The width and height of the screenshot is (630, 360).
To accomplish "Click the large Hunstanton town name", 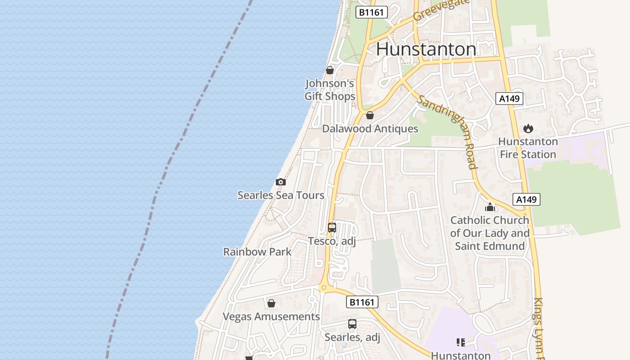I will pyautogui.click(x=426, y=49).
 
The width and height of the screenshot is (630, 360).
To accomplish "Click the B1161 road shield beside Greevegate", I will pyautogui.click(x=372, y=12).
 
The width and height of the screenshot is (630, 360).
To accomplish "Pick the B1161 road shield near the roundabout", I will pyautogui.click(x=362, y=302).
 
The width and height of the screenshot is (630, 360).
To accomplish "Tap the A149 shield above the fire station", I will pyautogui.click(x=509, y=99).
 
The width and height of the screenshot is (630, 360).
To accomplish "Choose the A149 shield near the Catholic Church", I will pyautogui.click(x=526, y=199).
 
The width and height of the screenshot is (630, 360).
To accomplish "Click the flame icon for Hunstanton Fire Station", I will pyautogui.click(x=528, y=129).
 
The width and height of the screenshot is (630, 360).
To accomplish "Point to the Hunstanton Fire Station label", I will pyautogui.click(x=528, y=148).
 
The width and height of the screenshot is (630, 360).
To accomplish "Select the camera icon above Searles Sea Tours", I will pyautogui.click(x=281, y=182).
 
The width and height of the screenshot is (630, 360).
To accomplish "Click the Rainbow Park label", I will pyautogui.click(x=257, y=252).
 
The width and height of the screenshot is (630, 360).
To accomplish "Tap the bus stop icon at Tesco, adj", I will pyautogui.click(x=332, y=228).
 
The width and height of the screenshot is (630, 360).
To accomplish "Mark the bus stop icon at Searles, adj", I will pyautogui.click(x=352, y=324).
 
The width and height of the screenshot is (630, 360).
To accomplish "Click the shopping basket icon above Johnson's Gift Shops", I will pyautogui.click(x=330, y=70).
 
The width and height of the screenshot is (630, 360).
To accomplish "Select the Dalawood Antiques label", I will pyautogui.click(x=370, y=129).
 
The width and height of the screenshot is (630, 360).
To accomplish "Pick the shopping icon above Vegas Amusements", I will pyautogui.click(x=271, y=303).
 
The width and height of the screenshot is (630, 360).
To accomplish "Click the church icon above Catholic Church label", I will pyautogui.click(x=490, y=207).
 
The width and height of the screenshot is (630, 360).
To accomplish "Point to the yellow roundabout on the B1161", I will pyautogui.click(x=323, y=288).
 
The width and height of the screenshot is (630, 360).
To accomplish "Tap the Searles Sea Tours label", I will pyautogui.click(x=281, y=195).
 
